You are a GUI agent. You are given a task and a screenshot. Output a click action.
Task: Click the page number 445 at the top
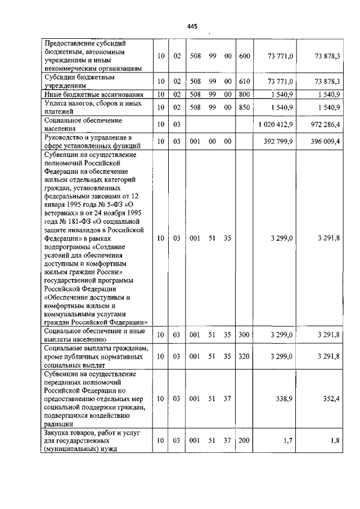[x=192, y=26]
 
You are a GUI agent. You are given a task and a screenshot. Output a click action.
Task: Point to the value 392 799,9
[x=278, y=141]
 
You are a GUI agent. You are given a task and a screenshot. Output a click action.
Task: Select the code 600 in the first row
[x=244, y=56]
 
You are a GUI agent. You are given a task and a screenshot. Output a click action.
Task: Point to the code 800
[x=244, y=94]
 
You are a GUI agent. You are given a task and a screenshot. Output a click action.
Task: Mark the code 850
[x=244, y=107]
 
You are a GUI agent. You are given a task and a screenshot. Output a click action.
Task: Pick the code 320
[x=244, y=356]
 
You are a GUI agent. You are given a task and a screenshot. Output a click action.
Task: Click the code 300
[x=244, y=335]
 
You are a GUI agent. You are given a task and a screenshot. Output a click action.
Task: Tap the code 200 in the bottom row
[x=244, y=440]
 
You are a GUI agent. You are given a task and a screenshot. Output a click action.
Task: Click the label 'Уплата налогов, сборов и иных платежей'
[x=92, y=107]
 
